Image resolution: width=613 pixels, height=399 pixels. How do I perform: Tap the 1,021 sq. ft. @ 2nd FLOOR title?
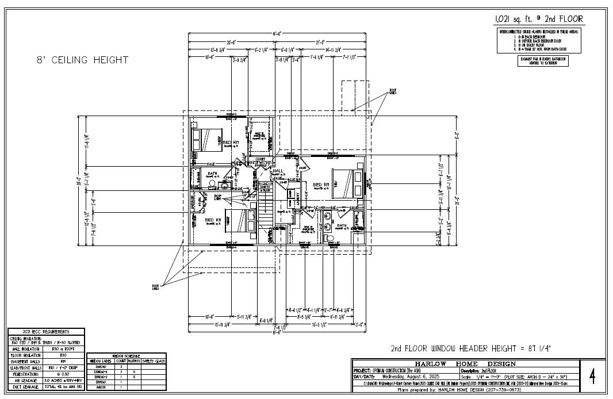pos(539,20)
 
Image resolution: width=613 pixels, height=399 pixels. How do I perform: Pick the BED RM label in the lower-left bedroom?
pos(213,220)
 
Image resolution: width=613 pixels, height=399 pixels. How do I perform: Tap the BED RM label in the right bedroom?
pos(321,185)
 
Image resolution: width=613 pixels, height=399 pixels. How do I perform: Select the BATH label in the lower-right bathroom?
pos(342,225)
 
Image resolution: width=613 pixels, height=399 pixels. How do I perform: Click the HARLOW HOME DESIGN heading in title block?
pos(465,363)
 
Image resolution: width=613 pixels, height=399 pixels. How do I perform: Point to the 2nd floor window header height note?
pos(470,348)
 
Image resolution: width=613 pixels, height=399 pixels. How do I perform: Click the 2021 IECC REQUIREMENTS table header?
pos(46,332)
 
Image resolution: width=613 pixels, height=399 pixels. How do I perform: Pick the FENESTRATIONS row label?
pos(25,374)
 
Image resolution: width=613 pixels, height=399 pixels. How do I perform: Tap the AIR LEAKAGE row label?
pos(25,381)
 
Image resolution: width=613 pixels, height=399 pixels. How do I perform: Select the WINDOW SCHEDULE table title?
pos(126,356)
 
